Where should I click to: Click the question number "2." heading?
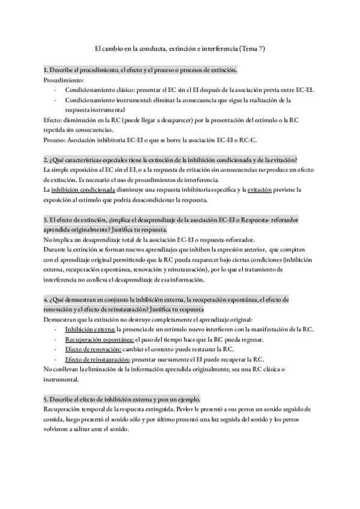46,160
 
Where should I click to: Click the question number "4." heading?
46,299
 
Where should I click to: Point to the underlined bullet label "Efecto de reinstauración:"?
98,359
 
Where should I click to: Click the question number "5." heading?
46,399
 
